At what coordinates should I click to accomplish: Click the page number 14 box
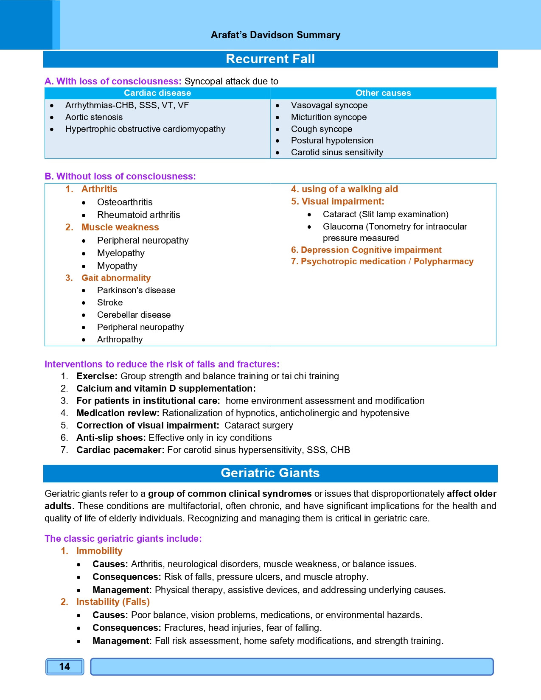click(64, 666)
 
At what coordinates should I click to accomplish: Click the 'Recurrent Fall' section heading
click(270, 59)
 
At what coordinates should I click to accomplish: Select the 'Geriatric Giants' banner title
click(270, 473)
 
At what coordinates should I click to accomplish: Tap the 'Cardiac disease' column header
click(157, 93)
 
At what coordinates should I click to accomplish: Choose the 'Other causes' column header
click(383, 93)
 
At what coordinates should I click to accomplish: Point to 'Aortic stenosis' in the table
click(94, 117)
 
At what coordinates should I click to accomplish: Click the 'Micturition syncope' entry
click(329, 117)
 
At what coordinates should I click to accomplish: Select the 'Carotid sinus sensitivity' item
click(337, 152)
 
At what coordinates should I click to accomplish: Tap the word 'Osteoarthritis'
click(125, 202)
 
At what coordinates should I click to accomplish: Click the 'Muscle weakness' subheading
click(120, 227)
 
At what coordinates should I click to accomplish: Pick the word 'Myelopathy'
click(121, 253)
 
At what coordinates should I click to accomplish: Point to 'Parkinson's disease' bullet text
click(136, 290)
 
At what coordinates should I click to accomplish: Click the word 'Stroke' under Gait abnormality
click(110, 302)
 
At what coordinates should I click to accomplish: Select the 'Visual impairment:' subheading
click(343, 202)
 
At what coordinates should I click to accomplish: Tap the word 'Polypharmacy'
click(443, 261)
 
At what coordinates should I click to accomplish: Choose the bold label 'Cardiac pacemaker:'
click(121, 450)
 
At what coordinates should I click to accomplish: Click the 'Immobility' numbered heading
click(99, 551)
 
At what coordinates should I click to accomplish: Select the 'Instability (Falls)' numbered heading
click(113, 602)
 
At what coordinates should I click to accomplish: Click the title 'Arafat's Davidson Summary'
click(275, 35)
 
